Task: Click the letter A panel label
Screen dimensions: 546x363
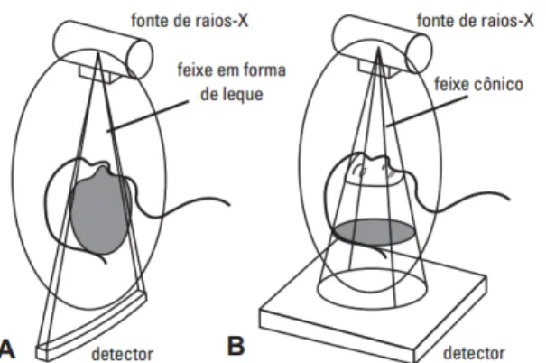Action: (x=7, y=349)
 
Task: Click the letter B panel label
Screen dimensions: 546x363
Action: (x=236, y=346)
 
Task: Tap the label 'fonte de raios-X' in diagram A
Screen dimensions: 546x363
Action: (x=190, y=21)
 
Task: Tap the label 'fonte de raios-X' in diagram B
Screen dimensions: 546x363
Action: (x=475, y=21)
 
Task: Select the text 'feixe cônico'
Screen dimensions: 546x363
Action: (x=479, y=85)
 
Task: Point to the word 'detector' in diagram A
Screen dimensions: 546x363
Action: (x=122, y=354)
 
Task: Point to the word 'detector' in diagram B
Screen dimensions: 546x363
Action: (x=474, y=353)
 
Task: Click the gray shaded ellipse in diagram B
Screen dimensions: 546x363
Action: (x=375, y=231)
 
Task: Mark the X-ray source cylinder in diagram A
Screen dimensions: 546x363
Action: (x=103, y=46)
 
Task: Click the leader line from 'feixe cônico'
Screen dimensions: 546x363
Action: (x=427, y=110)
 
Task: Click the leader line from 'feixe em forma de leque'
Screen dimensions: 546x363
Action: (x=148, y=116)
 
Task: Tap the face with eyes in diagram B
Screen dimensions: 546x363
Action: (x=374, y=170)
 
